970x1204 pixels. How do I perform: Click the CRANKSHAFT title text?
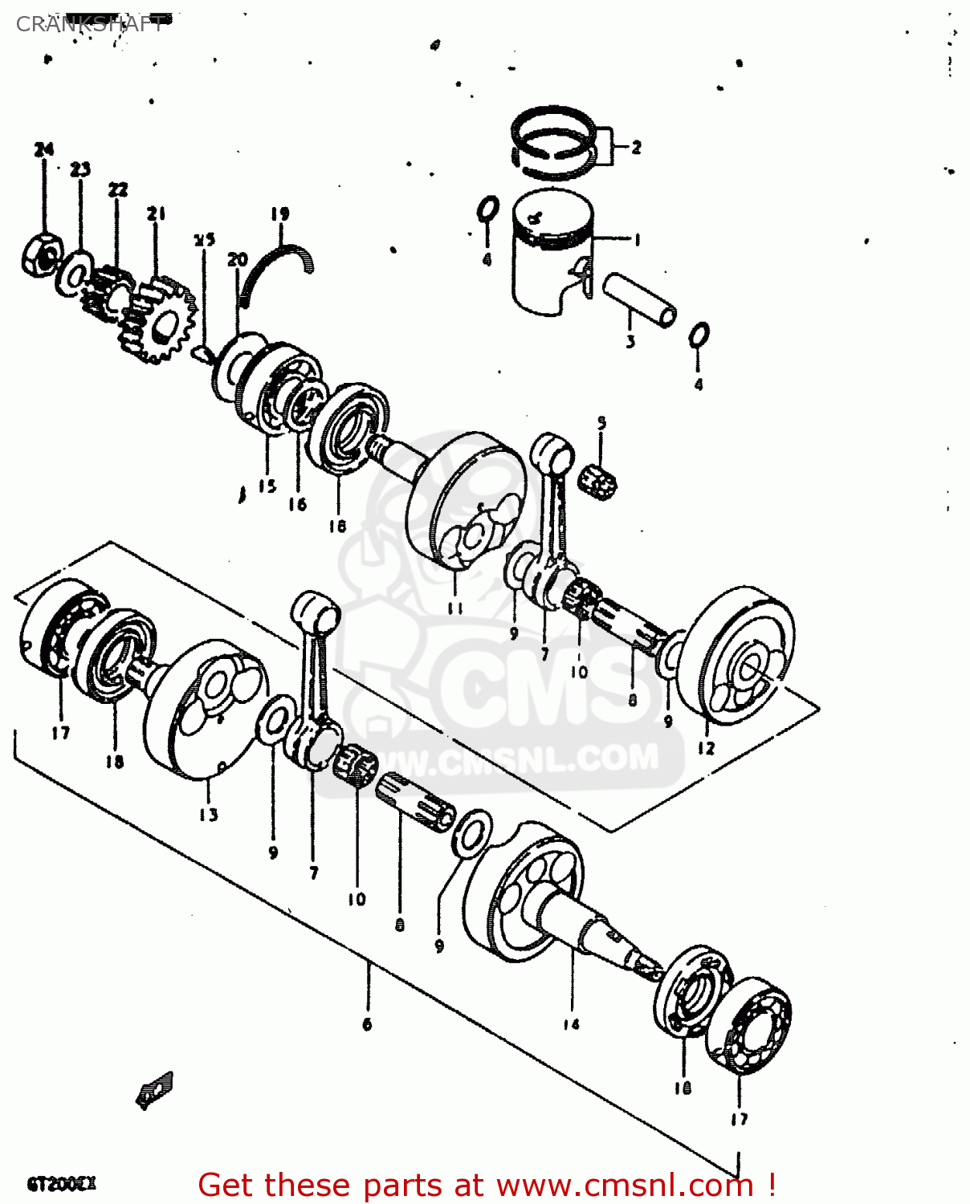(90, 24)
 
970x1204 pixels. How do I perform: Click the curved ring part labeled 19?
(277, 269)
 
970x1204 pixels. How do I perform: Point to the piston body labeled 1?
(551, 253)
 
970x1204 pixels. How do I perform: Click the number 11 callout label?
(455, 608)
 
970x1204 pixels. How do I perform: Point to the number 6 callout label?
(367, 1023)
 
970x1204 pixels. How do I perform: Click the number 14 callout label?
(571, 1023)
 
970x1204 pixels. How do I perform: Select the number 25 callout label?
(205, 239)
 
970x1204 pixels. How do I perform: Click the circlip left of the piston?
(487, 210)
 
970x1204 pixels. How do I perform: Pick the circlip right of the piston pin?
(699, 335)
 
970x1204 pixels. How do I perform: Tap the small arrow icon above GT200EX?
(154, 1090)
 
